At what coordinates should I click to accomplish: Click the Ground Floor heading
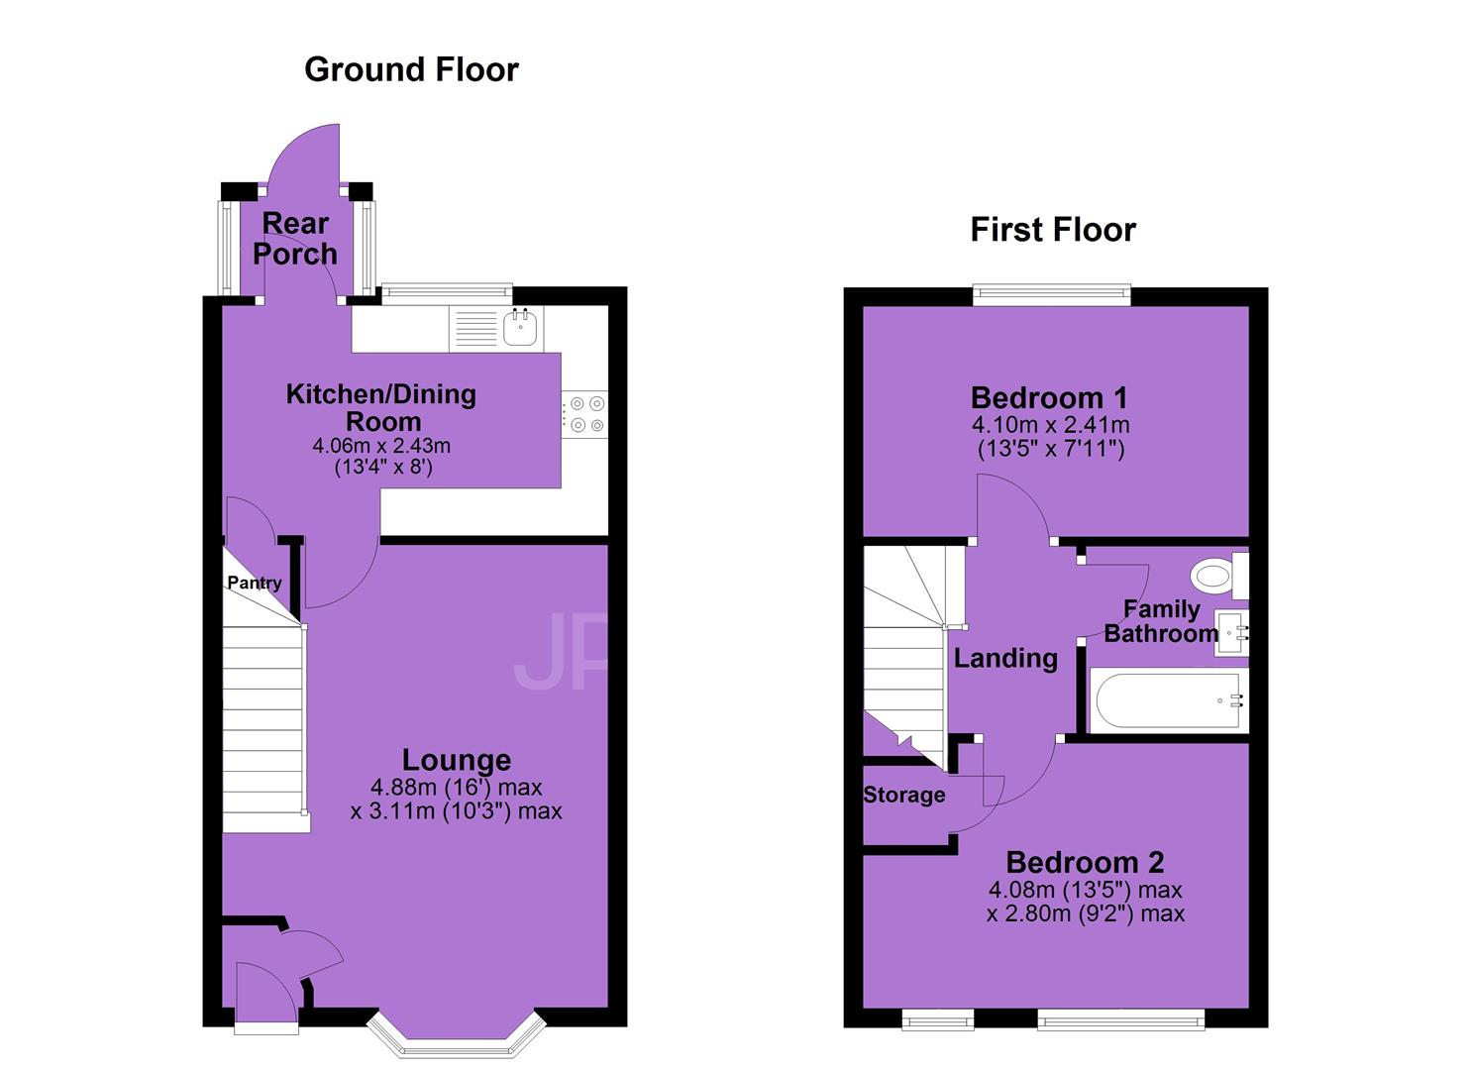point(411,69)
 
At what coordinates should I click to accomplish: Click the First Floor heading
point(1053,230)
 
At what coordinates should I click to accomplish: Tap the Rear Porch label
point(295,239)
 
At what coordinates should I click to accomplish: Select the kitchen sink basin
point(521,327)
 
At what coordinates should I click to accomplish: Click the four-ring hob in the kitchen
point(584,414)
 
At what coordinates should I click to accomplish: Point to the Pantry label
point(255,583)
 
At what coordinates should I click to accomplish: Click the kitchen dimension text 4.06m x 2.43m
point(381,446)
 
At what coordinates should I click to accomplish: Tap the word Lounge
point(457,760)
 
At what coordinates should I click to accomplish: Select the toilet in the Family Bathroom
point(1219,576)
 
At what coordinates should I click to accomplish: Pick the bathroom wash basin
point(1231,632)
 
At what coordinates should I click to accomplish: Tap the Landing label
point(1005,658)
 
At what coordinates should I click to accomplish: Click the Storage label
point(904,795)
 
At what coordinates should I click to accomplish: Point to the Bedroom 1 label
point(1049,397)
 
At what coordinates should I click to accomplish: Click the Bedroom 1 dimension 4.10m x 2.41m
point(1051,425)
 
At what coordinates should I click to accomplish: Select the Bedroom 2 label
point(1085,862)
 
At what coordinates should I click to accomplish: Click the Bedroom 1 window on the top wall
point(1051,295)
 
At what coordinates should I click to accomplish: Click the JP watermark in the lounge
point(560,652)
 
